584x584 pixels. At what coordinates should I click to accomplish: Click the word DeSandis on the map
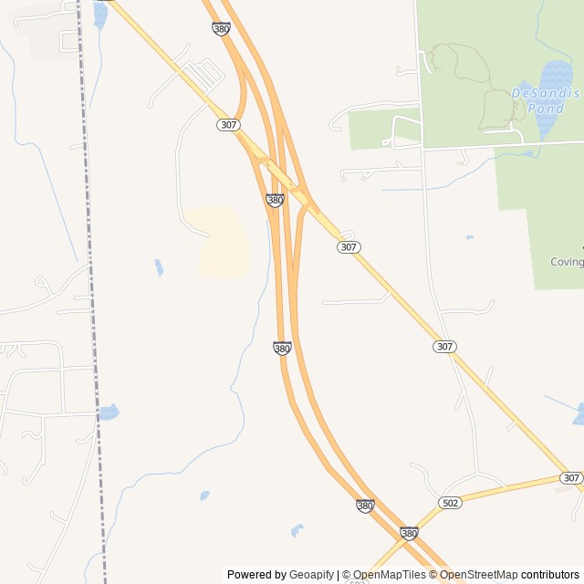tap(533, 93)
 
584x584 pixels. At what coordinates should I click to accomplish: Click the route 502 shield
tap(450, 503)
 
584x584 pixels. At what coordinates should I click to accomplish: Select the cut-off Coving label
tap(566, 262)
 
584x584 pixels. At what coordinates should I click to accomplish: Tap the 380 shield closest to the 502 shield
tap(409, 532)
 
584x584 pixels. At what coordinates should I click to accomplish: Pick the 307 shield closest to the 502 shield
tap(571, 478)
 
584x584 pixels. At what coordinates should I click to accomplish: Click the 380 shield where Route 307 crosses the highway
tap(275, 200)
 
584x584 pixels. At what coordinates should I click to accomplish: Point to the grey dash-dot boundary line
tap(90, 274)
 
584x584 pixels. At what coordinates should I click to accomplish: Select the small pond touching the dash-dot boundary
tap(109, 412)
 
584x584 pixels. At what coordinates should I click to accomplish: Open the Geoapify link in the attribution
tap(312, 575)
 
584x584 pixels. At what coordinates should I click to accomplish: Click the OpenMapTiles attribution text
tap(389, 575)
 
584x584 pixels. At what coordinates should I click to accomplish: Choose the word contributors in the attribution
tap(550, 575)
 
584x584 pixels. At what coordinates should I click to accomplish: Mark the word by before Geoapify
tap(280, 575)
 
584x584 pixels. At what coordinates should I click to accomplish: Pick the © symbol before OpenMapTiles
tap(347, 575)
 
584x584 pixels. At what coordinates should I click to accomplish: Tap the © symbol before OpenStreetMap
tap(434, 575)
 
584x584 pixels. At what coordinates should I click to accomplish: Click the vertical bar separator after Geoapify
tap(339, 575)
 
